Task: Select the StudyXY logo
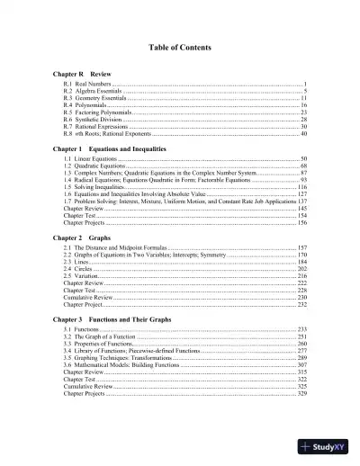pos(326,447)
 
